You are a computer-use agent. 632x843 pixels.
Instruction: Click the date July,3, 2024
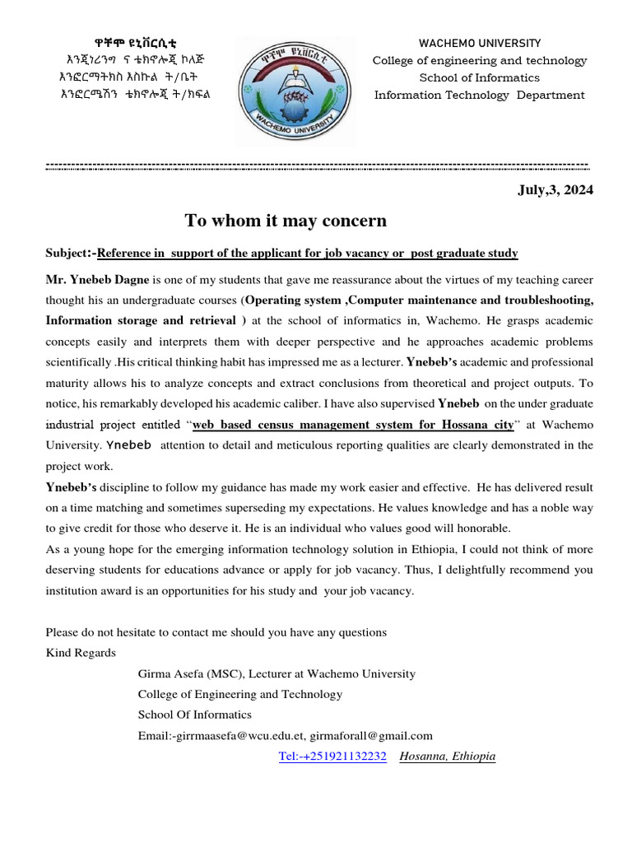(555, 190)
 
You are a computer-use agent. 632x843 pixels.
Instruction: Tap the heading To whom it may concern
(286, 221)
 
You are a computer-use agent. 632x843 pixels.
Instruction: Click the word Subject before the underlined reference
(67, 253)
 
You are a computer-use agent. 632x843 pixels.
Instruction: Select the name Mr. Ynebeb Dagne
(97, 280)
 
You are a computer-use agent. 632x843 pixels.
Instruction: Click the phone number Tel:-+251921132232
(332, 757)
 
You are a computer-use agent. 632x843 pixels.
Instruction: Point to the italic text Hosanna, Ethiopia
(447, 757)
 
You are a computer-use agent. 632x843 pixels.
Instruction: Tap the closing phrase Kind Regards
(81, 653)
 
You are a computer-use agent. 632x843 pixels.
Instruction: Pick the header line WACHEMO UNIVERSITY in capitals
(480, 43)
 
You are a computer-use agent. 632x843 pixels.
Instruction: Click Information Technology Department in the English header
(480, 95)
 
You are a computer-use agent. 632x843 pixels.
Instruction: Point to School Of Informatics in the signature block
(194, 715)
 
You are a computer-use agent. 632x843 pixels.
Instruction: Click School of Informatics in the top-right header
(480, 77)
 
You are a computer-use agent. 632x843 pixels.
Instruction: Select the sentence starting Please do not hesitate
(216, 632)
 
